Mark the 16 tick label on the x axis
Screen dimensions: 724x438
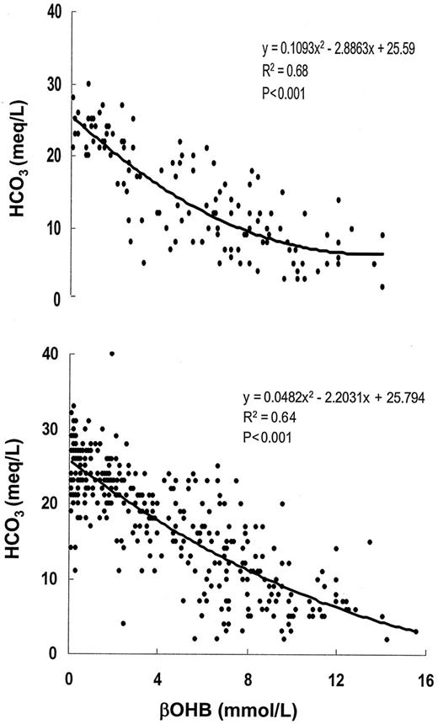(x=424, y=679)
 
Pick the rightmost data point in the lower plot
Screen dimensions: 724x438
(x=415, y=631)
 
